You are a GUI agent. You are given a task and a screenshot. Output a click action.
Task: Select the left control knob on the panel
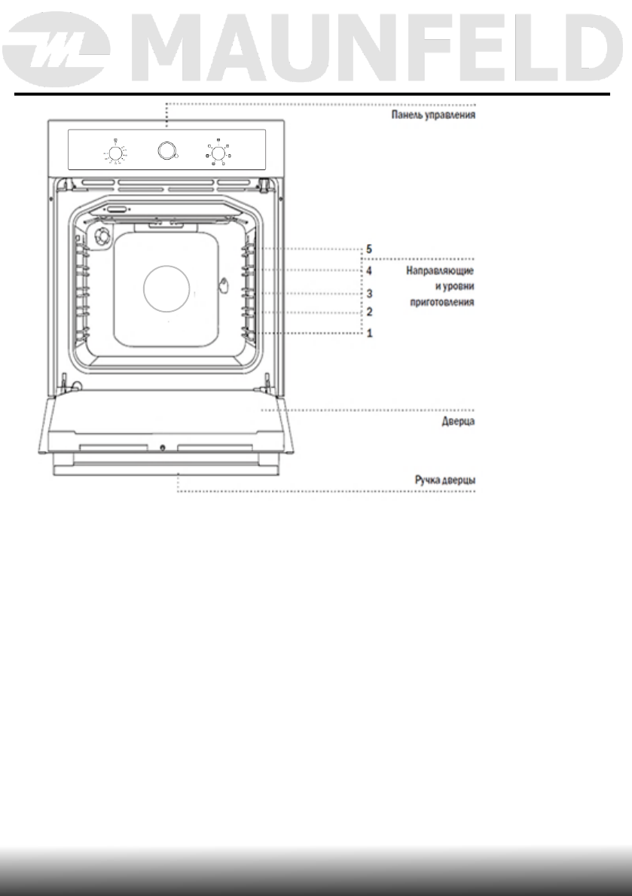pos(114,154)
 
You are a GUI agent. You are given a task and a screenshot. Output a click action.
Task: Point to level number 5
pos(369,248)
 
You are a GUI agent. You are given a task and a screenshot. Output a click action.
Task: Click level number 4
pos(369,269)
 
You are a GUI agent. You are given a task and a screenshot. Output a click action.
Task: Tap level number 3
pos(369,293)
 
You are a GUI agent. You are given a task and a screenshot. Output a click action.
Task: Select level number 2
pos(369,312)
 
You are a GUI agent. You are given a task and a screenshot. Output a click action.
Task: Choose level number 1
pos(369,333)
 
